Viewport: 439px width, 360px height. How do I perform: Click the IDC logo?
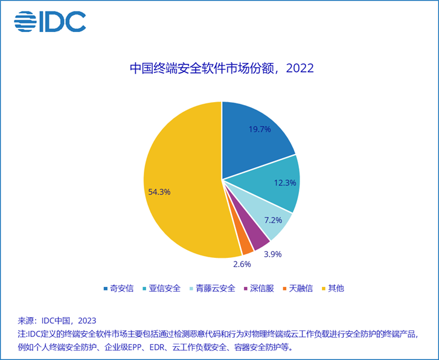click(50, 21)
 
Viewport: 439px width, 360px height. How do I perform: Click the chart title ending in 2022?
click(222, 68)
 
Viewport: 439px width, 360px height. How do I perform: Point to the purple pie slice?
click(254, 235)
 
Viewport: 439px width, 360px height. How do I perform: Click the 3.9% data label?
click(273, 254)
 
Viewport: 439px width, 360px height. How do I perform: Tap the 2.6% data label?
click(242, 264)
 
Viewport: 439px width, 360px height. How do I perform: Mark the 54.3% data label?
click(159, 192)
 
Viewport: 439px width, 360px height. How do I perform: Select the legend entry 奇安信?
click(119, 288)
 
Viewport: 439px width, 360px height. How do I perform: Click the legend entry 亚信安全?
click(162, 288)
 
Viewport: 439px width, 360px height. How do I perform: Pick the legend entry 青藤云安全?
click(213, 288)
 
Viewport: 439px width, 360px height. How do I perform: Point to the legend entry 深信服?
click(259, 288)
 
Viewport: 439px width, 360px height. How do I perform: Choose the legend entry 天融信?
click(298, 288)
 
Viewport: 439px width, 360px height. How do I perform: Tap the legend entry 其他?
click(333, 288)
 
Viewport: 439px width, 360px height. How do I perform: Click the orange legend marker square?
click(285, 289)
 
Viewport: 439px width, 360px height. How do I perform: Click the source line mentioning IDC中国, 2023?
click(57, 321)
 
